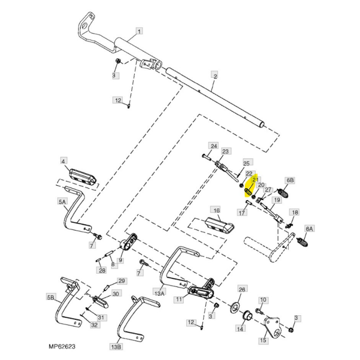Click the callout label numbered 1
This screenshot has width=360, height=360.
139,31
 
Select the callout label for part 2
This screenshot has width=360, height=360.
215,76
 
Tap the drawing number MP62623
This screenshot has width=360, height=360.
62,346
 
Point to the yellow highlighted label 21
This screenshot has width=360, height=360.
256,179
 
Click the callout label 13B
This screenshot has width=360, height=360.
116,346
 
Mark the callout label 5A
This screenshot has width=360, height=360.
62,202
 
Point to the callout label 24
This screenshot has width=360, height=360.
214,146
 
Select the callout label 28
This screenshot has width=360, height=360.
102,270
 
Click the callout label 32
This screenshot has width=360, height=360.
94,325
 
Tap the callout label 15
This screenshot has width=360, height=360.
263,340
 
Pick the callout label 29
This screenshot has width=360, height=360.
121,281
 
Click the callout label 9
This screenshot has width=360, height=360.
120,260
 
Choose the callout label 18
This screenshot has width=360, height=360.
295,212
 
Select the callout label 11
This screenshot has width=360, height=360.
179,299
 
